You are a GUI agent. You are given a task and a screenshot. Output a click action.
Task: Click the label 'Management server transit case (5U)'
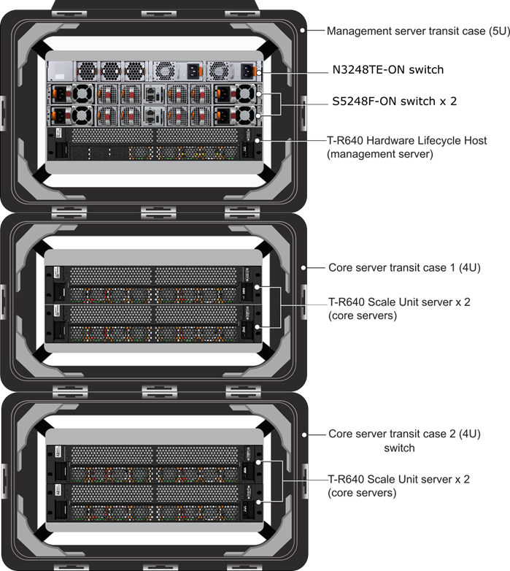418,31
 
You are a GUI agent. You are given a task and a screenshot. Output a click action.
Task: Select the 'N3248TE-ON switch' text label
387,69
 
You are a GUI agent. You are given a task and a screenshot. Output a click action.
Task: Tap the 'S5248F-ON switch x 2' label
394,101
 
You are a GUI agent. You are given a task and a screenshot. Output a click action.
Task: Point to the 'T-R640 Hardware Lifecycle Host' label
406,140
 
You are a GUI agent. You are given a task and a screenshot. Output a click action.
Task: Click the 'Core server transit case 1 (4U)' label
404,268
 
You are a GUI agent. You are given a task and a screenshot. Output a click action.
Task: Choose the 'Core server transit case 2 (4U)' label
404,434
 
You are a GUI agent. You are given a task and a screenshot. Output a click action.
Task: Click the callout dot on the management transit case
302,30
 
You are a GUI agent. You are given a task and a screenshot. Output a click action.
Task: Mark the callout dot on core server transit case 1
304,268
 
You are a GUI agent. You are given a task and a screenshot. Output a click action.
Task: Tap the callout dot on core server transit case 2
304,434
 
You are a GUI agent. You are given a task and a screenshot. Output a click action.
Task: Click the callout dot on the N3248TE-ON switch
258,73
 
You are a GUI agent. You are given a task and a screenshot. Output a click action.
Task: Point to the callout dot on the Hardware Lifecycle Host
258,140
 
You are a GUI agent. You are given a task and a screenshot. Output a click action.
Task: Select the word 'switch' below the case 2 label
399,448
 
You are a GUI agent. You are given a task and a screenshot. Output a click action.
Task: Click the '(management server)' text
380,154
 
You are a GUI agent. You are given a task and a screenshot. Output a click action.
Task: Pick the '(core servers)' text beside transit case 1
363,315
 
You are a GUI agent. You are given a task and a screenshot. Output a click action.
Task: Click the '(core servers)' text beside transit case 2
362,493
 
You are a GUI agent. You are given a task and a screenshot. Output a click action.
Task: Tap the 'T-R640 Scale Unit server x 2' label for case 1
399,302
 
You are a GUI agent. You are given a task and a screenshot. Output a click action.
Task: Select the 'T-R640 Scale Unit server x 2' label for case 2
398,479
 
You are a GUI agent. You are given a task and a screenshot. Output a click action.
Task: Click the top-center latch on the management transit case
158,14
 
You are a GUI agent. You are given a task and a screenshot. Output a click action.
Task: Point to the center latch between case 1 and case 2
159,392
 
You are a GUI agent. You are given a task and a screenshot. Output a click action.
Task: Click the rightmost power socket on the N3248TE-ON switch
247,71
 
